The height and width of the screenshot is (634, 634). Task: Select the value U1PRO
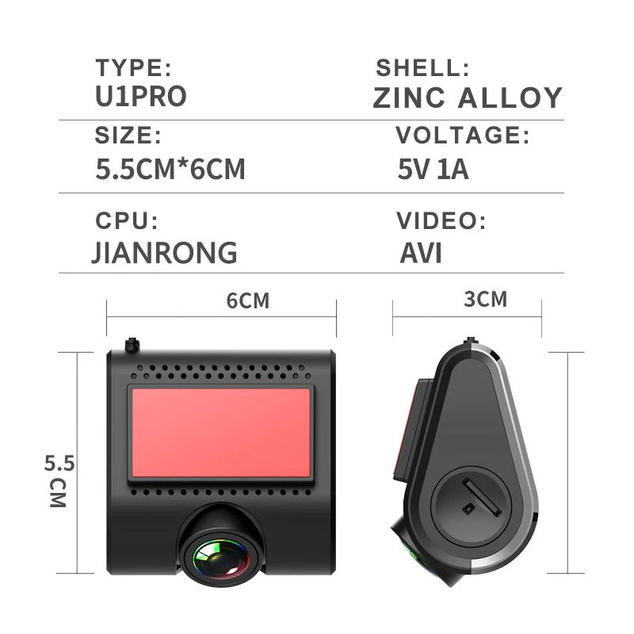[x=141, y=96]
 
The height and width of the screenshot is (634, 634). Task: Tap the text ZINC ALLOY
[x=468, y=97]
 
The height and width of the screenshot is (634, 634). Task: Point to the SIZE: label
[x=128, y=136]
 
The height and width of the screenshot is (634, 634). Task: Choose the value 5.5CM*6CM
[x=170, y=170]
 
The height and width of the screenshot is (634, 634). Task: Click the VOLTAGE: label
[x=462, y=136]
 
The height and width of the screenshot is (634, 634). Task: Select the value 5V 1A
[x=433, y=170]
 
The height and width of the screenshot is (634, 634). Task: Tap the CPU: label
[x=127, y=220]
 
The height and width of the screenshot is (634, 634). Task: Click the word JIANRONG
[x=165, y=253]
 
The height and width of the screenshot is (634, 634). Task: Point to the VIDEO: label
[x=440, y=220]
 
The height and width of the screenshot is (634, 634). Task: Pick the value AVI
[x=421, y=253]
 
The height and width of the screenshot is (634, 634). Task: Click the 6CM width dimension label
[x=247, y=301]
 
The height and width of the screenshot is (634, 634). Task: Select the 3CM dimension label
[x=485, y=299]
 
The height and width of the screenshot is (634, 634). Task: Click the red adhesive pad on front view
[x=220, y=433]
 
